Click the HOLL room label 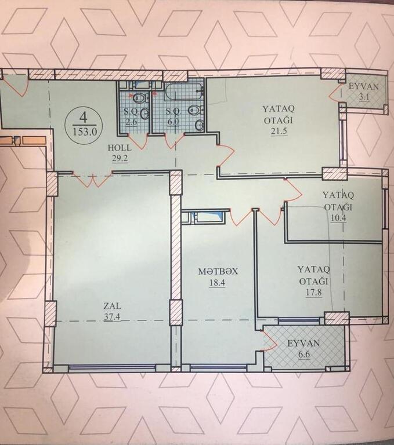pos(120,148)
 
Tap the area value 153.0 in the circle pos(85,132)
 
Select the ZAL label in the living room pos(112,306)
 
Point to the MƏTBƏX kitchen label pos(218,271)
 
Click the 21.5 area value pos(279,132)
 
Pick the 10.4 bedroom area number pos(338,218)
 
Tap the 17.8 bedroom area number pos(314,292)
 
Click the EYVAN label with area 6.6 pos(303,344)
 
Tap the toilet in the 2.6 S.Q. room pos(140,98)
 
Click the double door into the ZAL pos(93,180)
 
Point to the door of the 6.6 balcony pos(270,340)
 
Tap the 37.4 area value pos(112,317)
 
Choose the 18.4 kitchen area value pos(217,283)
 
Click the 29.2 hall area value pos(120,158)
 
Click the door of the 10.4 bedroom pos(293,191)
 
